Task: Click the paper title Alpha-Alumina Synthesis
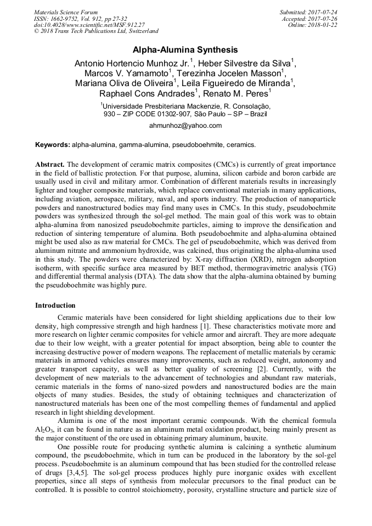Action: [185, 49]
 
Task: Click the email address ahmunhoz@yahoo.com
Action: [185, 126]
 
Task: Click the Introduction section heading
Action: [55, 305]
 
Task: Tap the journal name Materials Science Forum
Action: [66, 12]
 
